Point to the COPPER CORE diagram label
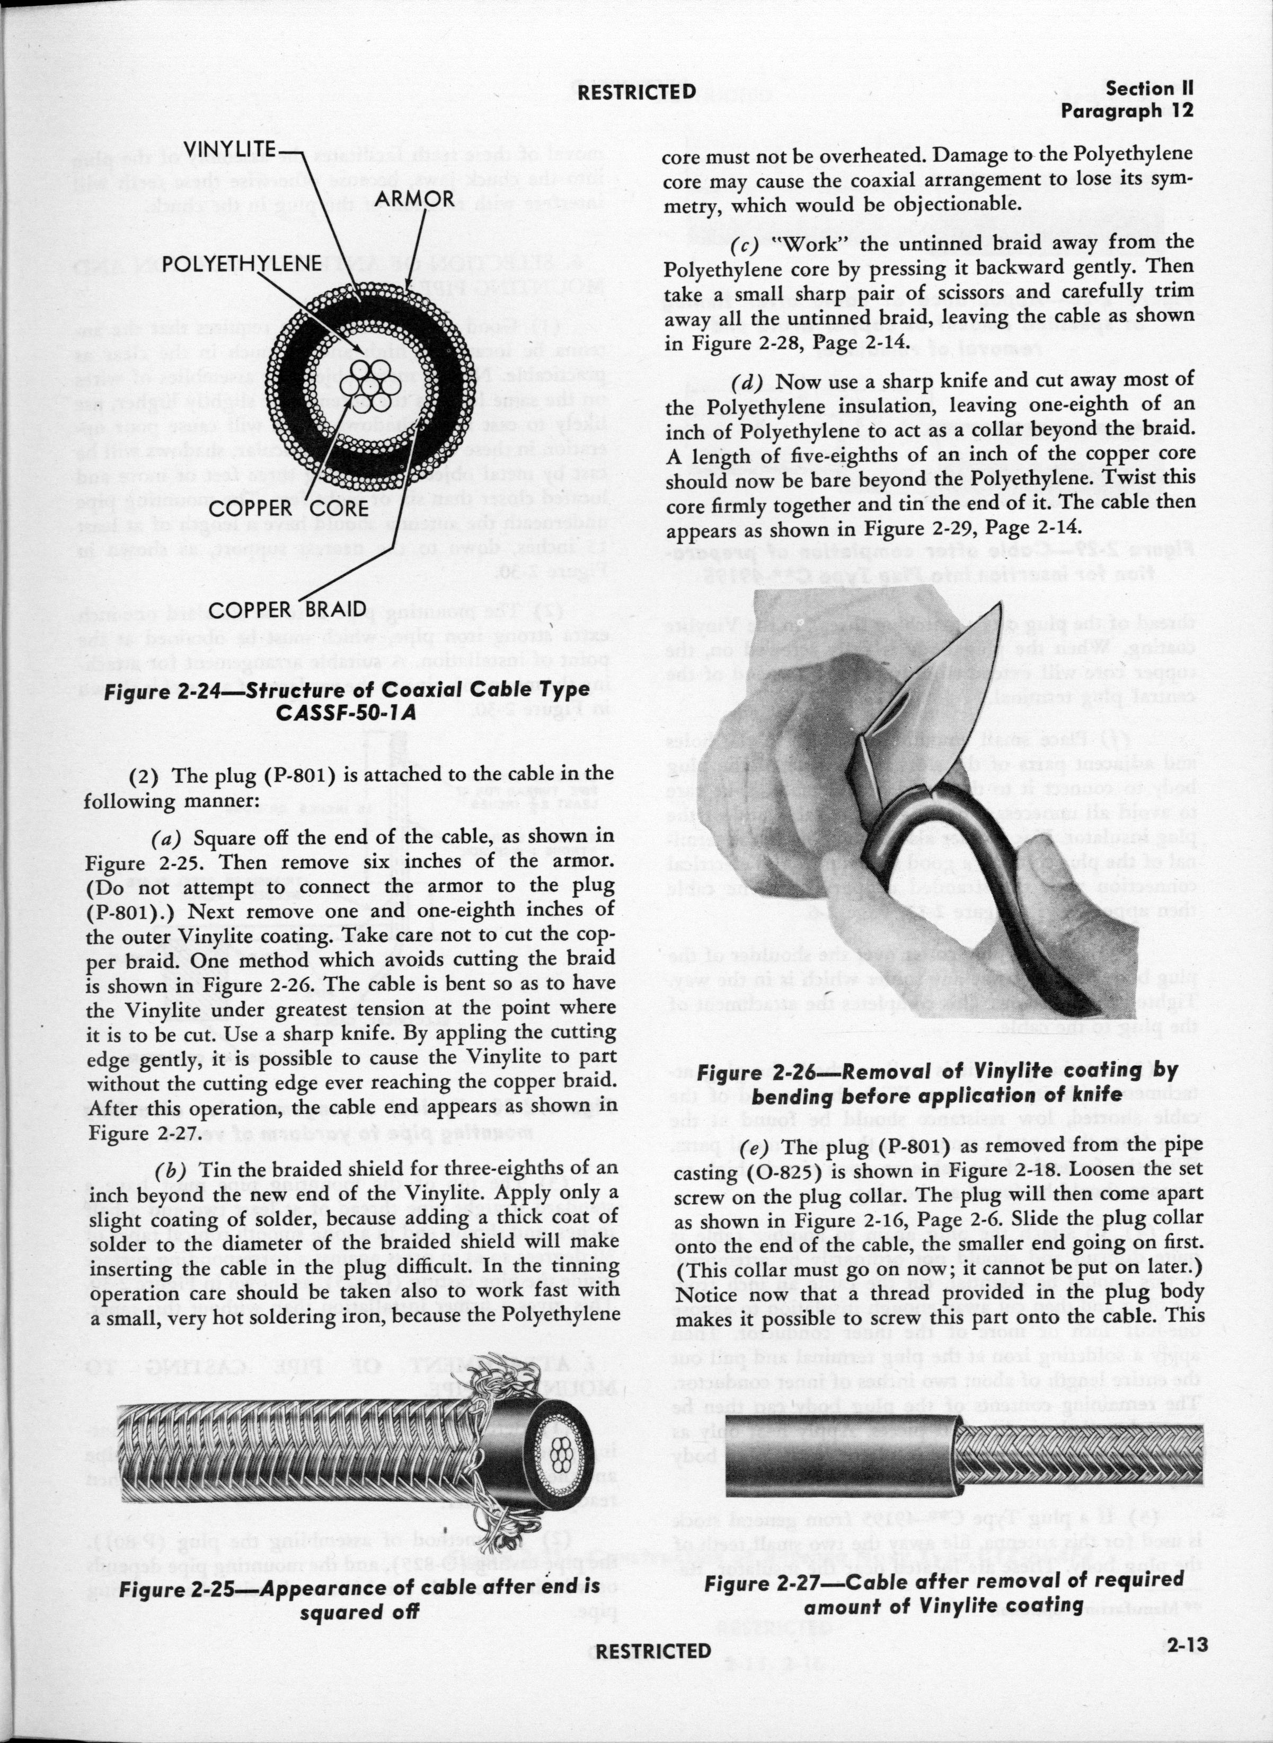point(288,508)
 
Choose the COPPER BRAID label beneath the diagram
point(287,610)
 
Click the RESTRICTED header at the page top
point(636,92)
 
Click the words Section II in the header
point(1148,88)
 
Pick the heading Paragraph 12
point(1127,111)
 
